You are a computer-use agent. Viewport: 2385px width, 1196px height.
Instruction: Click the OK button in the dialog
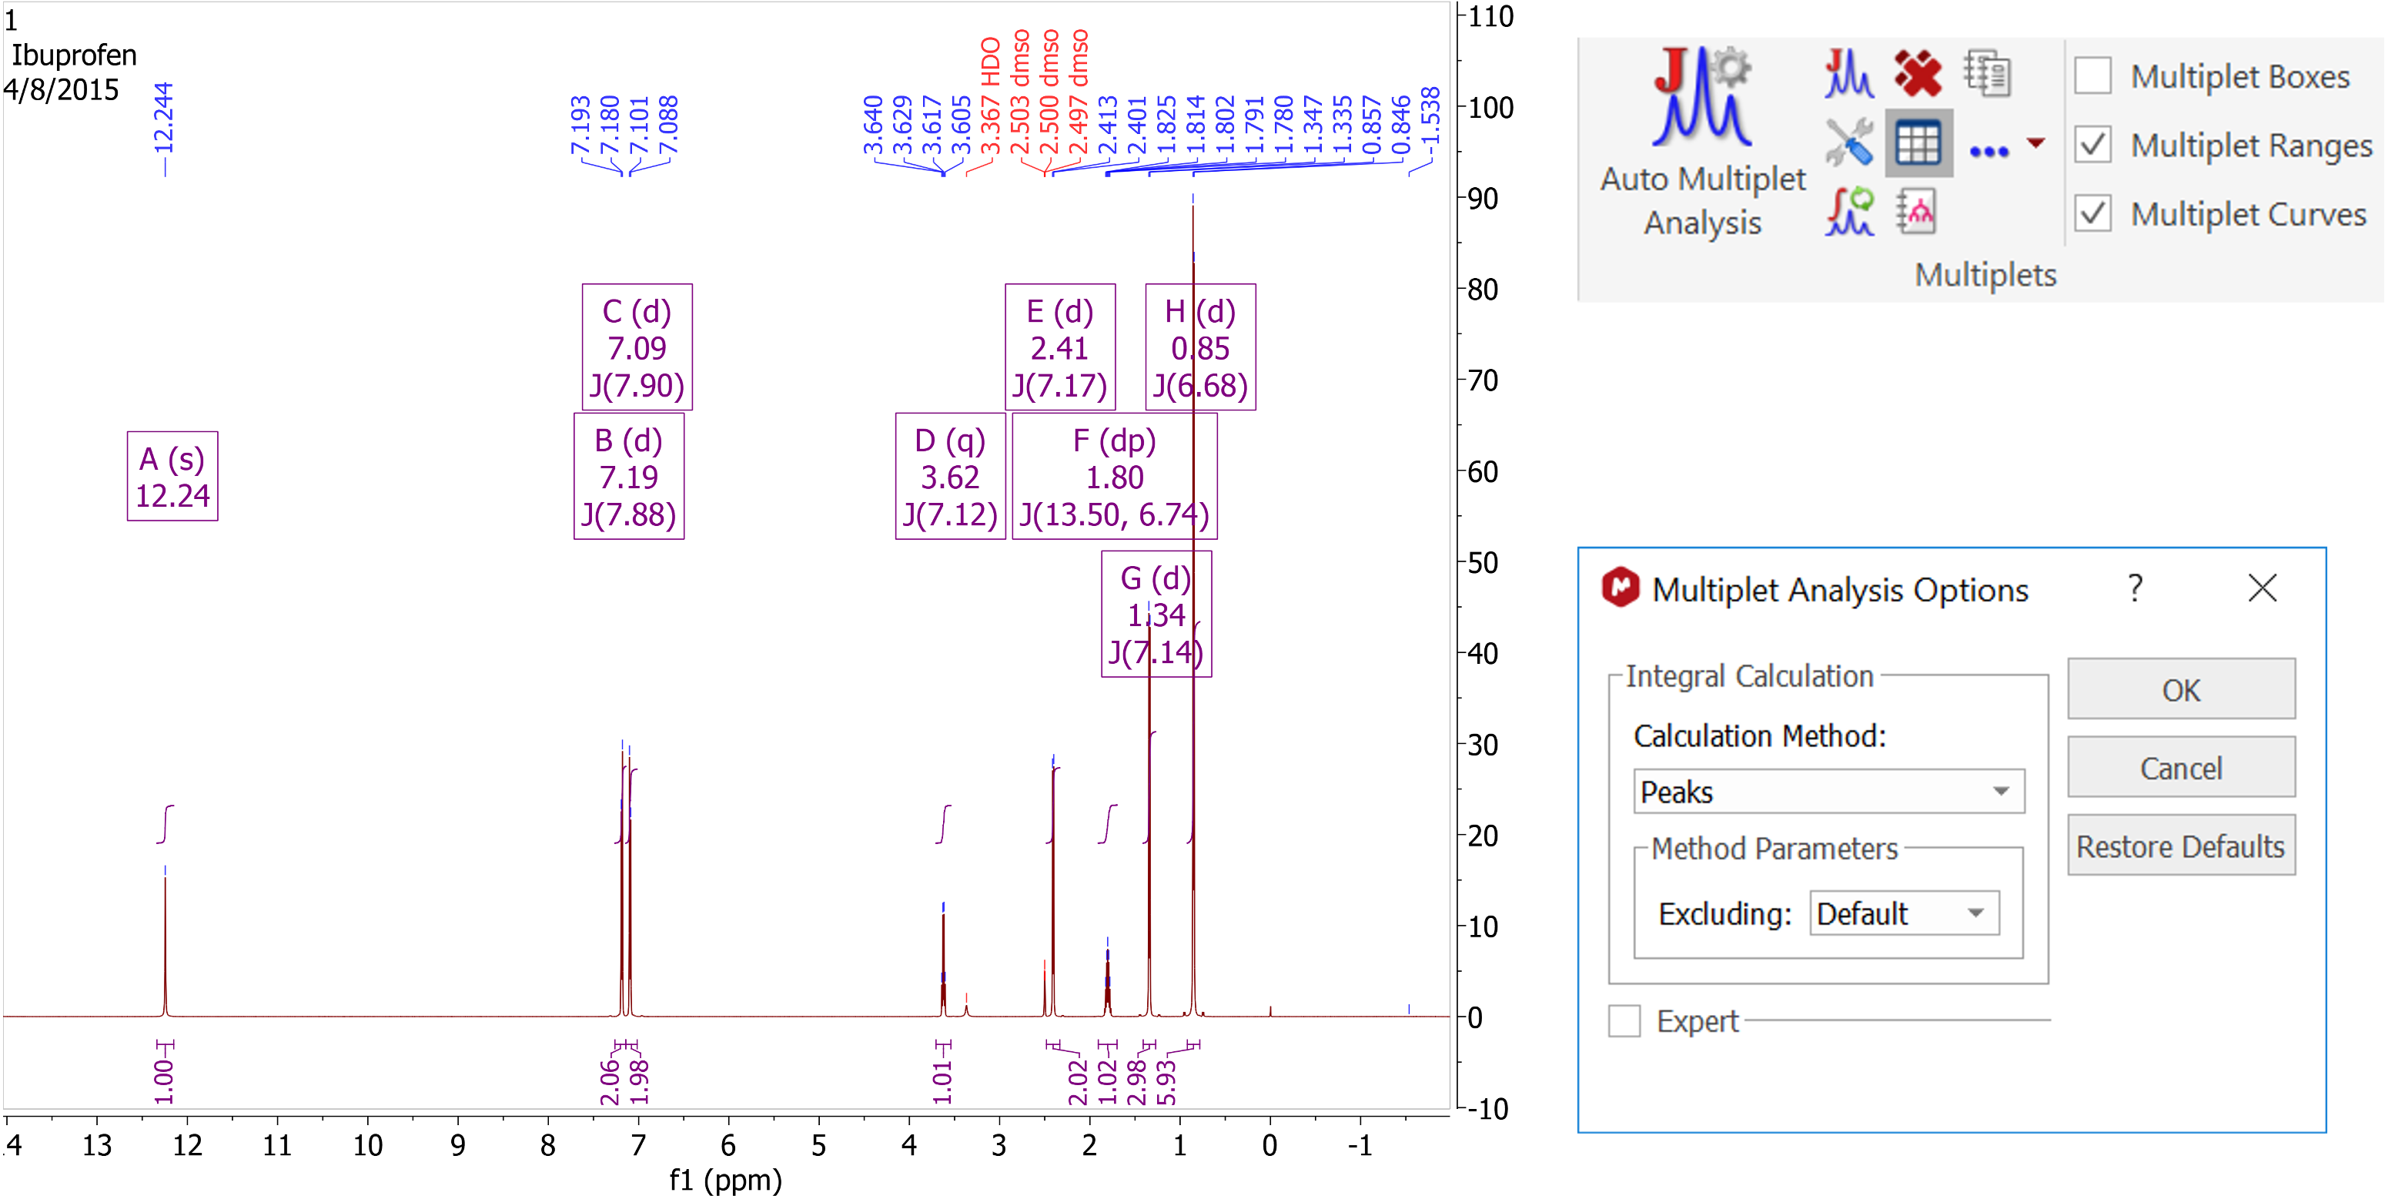[2180, 689]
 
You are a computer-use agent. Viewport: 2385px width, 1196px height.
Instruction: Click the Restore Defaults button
[2180, 846]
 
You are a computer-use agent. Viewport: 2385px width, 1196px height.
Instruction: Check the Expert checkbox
[1624, 1021]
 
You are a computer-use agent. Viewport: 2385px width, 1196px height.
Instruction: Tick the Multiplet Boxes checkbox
[2092, 76]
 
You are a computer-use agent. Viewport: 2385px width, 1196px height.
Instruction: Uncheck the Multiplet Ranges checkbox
[2092, 146]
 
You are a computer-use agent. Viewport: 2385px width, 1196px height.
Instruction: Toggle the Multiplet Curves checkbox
[2092, 214]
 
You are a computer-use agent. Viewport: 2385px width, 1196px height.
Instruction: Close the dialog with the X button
[2262, 588]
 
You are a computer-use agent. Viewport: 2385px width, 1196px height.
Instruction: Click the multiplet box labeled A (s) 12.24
[172, 476]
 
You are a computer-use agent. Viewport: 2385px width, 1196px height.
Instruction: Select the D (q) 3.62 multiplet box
[950, 476]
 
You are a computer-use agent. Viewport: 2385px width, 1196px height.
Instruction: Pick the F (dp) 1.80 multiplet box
[1114, 476]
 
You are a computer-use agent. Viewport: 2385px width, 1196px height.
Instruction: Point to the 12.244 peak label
[164, 118]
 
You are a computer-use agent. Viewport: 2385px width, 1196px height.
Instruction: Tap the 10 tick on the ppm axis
[367, 1146]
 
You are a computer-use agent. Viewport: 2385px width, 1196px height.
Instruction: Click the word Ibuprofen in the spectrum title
[74, 55]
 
